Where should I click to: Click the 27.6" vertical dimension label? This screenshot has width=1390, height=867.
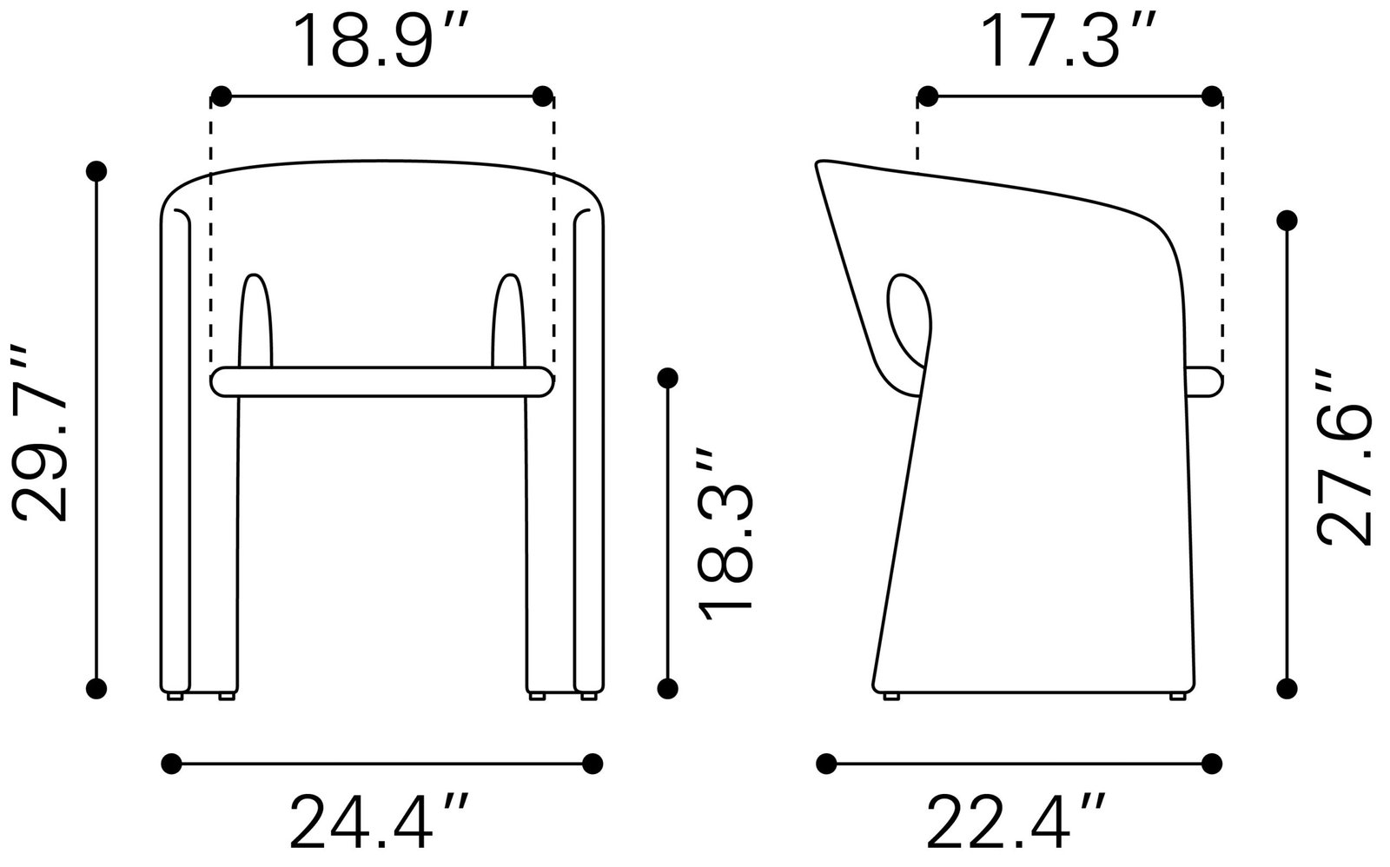1343,457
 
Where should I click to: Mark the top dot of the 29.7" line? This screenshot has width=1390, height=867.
97,169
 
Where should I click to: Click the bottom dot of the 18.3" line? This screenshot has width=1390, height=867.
667,688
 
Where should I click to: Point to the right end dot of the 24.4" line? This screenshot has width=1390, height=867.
592,764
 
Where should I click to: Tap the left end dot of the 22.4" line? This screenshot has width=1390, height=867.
826,764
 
